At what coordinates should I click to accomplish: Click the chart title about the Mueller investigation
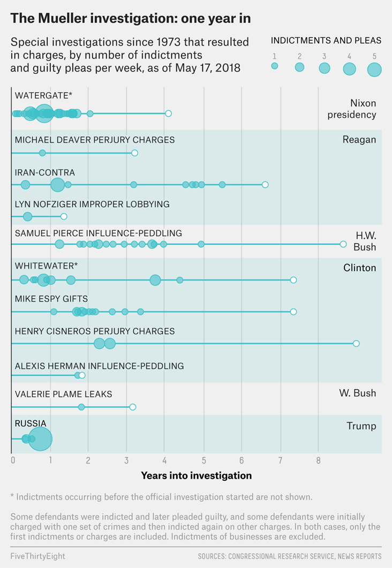[x=131, y=18]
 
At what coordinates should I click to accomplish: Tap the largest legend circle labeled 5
[x=374, y=70]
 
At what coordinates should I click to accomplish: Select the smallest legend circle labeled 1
[x=275, y=66]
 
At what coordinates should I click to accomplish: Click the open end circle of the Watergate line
[x=168, y=113]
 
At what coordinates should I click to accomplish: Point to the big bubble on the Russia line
[x=40, y=439]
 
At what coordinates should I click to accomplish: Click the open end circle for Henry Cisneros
[x=356, y=344]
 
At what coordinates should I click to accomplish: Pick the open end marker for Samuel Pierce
[x=343, y=244]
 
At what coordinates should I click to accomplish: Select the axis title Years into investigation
[x=196, y=475]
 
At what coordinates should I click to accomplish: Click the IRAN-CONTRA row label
[x=45, y=173]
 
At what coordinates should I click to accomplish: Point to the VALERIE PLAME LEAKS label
[x=63, y=395]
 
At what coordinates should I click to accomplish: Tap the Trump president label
[x=361, y=427]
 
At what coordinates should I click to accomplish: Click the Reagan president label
[x=359, y=140]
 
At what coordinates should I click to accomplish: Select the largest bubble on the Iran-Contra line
[x=57, y=185]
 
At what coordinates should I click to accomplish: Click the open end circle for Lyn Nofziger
[x=64, y=216]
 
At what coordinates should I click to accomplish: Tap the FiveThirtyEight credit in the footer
[x=37, y=556]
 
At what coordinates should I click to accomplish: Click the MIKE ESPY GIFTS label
[x=51, y=299]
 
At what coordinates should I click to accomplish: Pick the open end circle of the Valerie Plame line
[x=133, y=407]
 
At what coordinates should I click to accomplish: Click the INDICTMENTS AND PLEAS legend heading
[x=326, y=41]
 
